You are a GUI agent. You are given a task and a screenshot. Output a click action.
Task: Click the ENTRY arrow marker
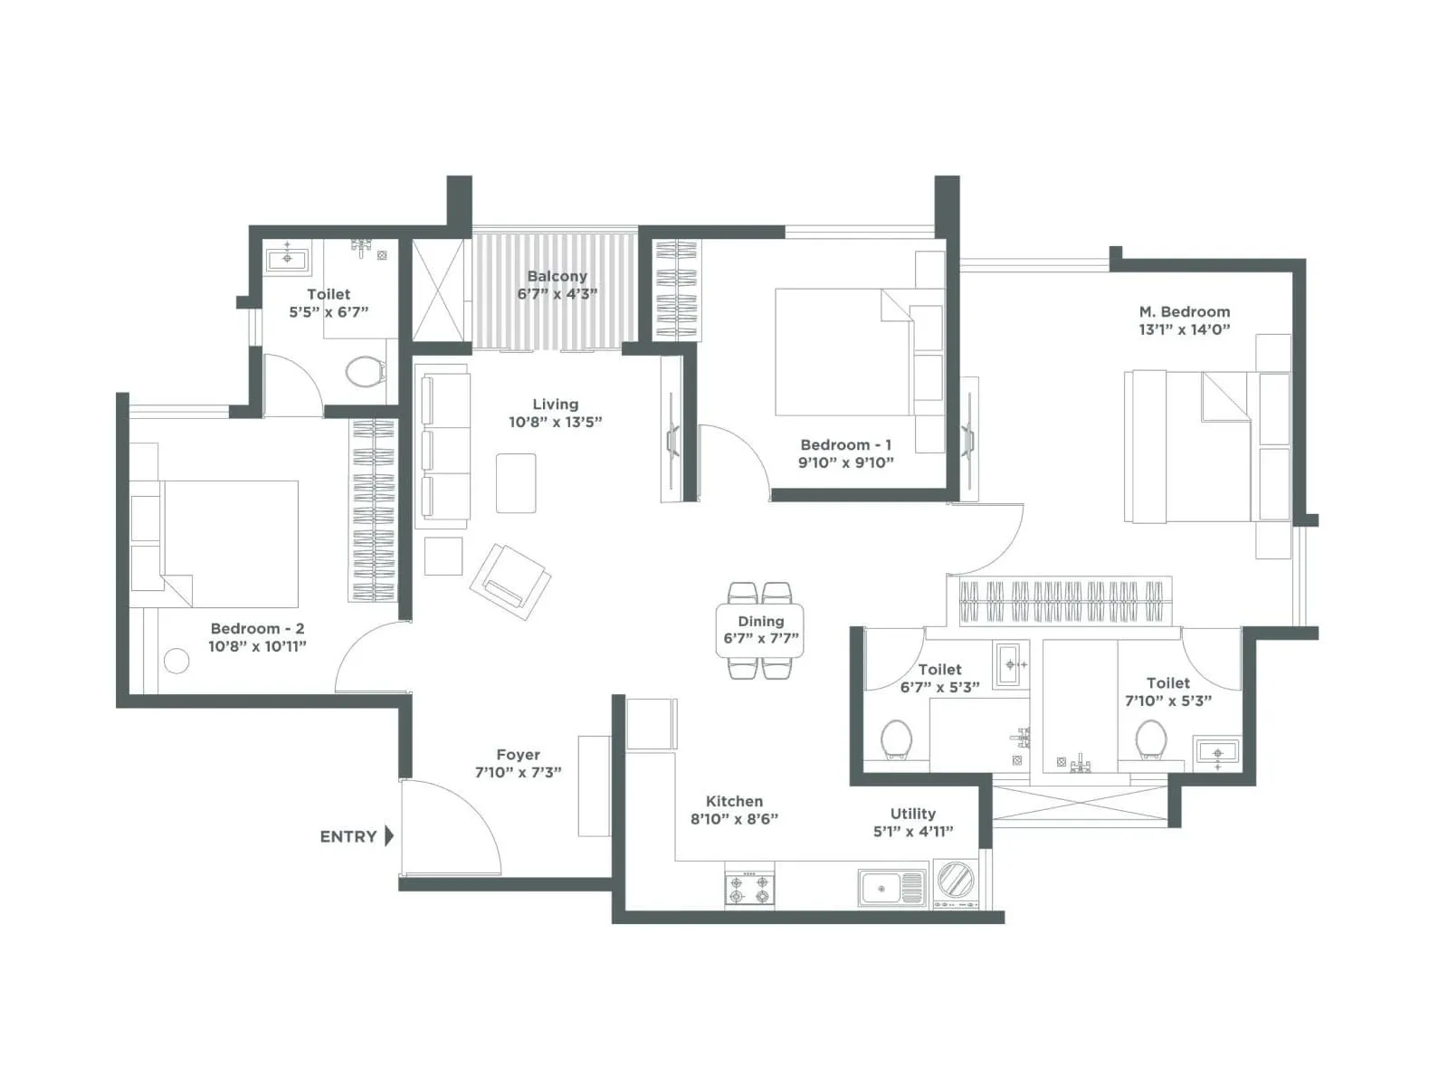[389, 835]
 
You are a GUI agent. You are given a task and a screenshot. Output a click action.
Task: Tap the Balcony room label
[557, 276]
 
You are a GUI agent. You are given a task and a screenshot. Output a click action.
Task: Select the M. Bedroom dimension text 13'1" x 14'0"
[1184, 329]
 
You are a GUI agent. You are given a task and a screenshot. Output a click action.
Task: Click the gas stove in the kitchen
[749, 889]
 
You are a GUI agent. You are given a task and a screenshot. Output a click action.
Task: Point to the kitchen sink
[891, 888]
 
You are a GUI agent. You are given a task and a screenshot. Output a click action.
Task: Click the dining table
[760, 630]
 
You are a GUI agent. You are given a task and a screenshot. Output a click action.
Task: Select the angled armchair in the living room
[510, 581]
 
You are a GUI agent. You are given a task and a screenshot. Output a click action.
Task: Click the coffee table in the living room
[516, 482]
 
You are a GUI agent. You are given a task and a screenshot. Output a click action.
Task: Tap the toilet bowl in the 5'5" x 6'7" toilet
[365, 371]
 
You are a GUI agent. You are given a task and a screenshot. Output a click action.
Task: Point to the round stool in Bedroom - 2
[176, 662]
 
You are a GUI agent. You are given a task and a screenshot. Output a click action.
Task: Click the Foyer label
[518, 754]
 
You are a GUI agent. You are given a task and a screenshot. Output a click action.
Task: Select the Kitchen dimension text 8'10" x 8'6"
[734, 819]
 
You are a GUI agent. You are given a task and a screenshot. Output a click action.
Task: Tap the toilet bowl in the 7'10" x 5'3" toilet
[1150, 738]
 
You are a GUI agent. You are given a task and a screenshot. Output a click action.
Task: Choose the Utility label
[912, 814]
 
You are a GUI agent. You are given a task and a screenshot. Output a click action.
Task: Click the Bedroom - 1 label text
[845, 444]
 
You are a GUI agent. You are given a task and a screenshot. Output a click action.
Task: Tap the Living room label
[555, 405]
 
